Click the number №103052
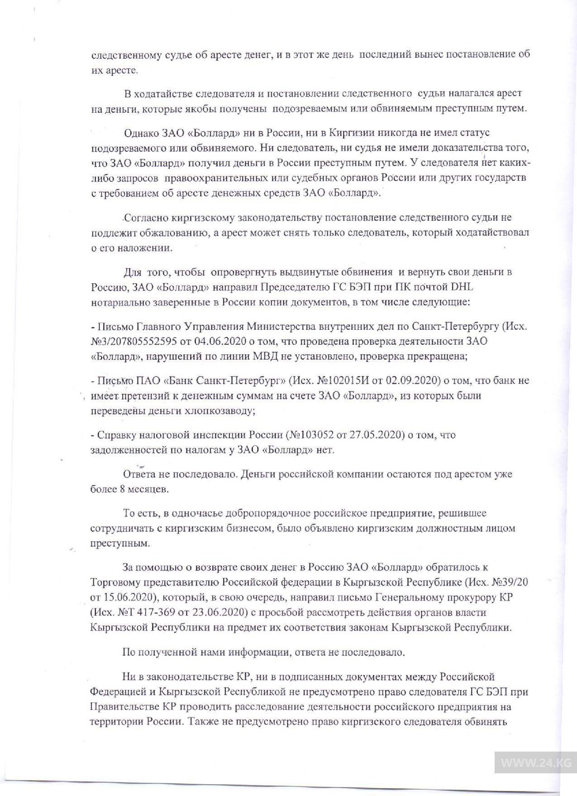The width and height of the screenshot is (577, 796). pyautogui.click(x=310, y=435)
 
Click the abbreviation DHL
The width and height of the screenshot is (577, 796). pyautogui.click(x=462, y=287)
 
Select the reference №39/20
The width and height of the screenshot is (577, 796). pyautogui.click(x=510, y=582)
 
